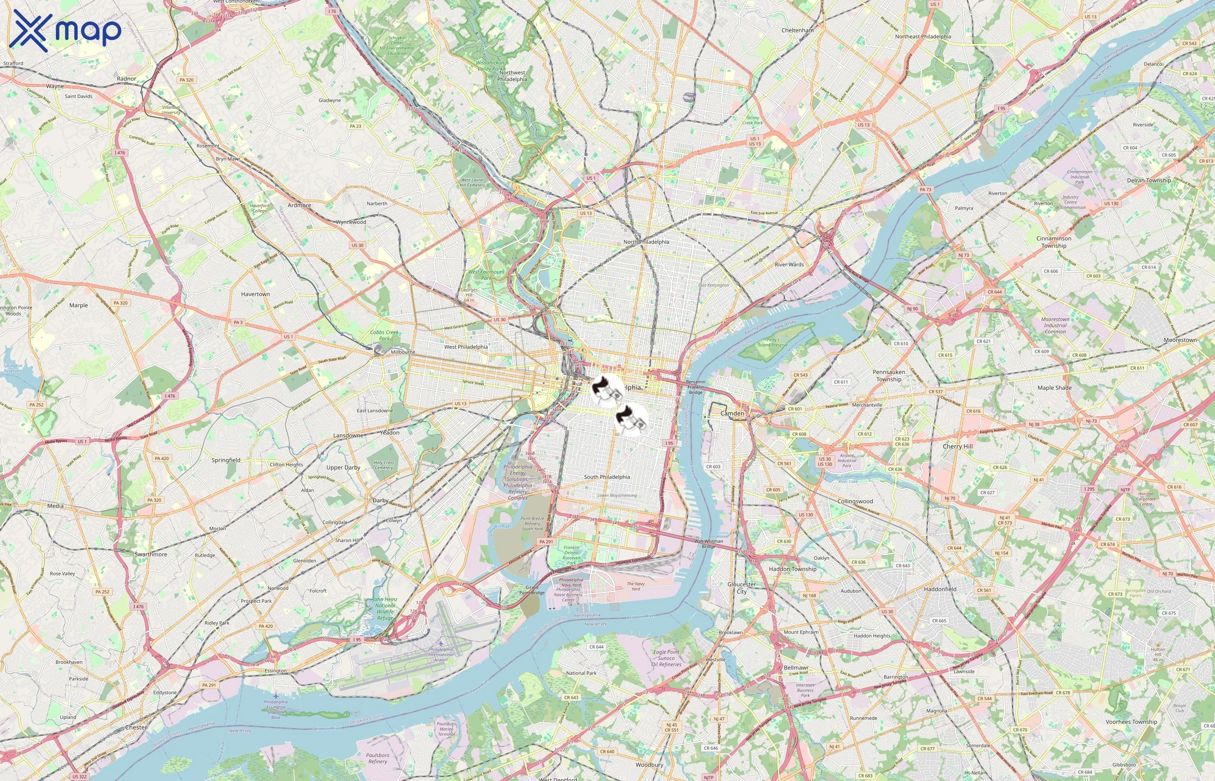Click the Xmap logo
pyautogui.click(x=66, y=30)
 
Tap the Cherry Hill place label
pyautogui.click(x=957, y=446)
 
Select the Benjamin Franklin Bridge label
pyautogui.click(x=695, y=387)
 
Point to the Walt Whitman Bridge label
pyautogui.click(x=709, y=544)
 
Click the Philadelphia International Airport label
pyautogui.click(x=441, y=654)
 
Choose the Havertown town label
pyautogui.click(x=256, y=294)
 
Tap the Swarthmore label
pyautogui.click(x=151, y=555)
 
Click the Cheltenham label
pyautogui.click(x=797, y=30)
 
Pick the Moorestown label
pyautogui.click(x=1180, y=340)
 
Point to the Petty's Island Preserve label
pyautogui.click(x=773, y=342)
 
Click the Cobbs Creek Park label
pyautogui.click(x=384, y=335)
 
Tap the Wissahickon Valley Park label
pyautogui.click(x=490, y=66)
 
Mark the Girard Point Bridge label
pyautogui.click(x=532, y=590)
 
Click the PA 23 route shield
pyautogui.click(x=355, y=126)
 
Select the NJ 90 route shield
pyautogui.click(x=912, y=308)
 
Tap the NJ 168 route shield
pyautogui.click(x=809, y=595)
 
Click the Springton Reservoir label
pyautogui.click(x=13, y=368)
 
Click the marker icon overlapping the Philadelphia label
pyautogui.click(x=607, y=391)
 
